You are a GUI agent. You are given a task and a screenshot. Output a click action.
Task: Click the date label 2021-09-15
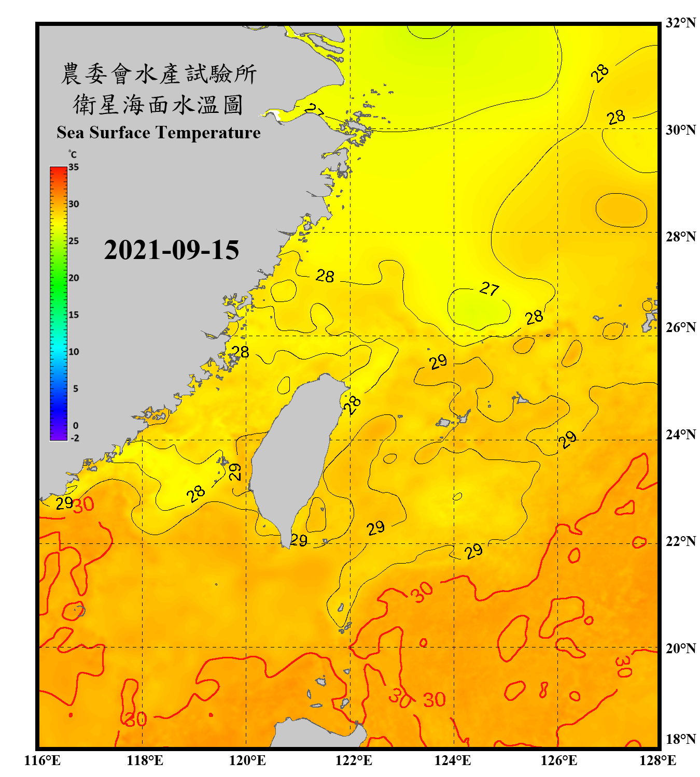click(171, 250)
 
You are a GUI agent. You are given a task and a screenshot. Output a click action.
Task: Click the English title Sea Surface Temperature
click(159, 133)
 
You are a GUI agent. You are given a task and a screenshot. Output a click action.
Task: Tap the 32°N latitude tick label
click(680, 23)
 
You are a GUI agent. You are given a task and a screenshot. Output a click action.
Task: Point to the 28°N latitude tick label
click(680, 237)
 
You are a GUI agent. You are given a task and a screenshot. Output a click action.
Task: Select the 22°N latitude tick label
click(680, 541)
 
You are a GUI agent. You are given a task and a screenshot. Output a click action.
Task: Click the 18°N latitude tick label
click(680, 739)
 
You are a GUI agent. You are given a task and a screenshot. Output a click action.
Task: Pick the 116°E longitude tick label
click(43, 760)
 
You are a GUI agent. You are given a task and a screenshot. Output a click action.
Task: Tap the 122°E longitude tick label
click(354, 760)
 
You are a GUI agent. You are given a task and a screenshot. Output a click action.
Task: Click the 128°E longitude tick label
click(657, 760)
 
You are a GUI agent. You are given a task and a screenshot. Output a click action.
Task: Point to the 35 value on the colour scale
click(74, 167)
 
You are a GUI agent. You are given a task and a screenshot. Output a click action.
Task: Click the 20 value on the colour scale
click(74, 278)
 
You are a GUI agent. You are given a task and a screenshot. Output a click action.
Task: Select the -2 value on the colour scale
click(75, 438)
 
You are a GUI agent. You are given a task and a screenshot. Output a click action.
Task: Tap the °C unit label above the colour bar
click(73, 154)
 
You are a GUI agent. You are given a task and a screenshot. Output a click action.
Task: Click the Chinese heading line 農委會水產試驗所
click(159, 74)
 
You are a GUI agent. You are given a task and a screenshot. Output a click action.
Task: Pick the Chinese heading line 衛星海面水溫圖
click(159, 105)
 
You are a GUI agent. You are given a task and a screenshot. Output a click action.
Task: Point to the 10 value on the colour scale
click(74, 352)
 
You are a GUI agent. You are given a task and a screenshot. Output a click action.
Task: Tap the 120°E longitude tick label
click(247, 760)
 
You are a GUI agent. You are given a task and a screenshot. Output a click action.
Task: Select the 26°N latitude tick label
click(680, 327)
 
